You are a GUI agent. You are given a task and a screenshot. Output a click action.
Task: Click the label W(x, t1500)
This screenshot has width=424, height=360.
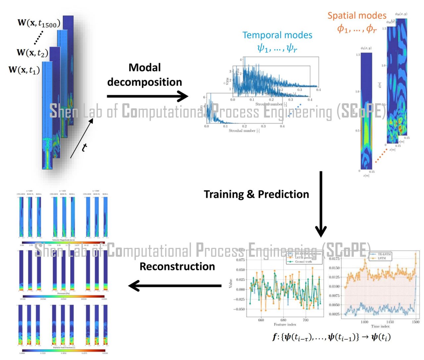[39, 23]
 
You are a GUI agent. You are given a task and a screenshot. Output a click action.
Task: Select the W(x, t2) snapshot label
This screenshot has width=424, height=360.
[32, 53]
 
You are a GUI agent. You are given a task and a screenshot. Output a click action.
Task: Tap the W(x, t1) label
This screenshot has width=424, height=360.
[24, 70]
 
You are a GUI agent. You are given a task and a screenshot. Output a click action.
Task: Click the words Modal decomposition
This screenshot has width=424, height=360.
[144, 75]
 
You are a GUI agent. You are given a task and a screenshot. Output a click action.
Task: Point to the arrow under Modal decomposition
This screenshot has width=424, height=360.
[147, 96]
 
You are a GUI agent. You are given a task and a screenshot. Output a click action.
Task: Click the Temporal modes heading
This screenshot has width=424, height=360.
[277, 35]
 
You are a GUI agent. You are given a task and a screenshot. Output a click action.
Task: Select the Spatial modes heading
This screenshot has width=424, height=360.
[357, 16]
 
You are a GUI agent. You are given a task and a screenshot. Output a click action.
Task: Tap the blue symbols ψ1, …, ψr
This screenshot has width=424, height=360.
[277, 48]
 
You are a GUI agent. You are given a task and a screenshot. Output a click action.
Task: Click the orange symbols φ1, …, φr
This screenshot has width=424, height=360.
[357, 29]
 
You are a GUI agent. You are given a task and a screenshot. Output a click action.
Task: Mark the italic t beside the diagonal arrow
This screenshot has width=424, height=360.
[84, 147]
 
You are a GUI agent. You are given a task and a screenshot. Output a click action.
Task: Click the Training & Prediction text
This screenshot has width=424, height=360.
[256, 194]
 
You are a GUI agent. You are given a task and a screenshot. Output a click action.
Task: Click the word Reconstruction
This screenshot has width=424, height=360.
[177, 267]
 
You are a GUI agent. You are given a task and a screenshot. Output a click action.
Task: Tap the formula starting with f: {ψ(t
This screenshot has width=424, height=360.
[331, 337]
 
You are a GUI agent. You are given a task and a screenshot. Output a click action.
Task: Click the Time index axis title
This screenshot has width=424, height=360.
[380, 327]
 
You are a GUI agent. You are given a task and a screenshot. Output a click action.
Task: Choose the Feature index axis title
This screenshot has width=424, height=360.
[285, 325]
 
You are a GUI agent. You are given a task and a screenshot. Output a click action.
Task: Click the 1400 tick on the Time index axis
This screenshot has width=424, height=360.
[364, 322]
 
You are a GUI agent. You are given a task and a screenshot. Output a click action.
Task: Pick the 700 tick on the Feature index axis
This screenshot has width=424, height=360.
[305, 320]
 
